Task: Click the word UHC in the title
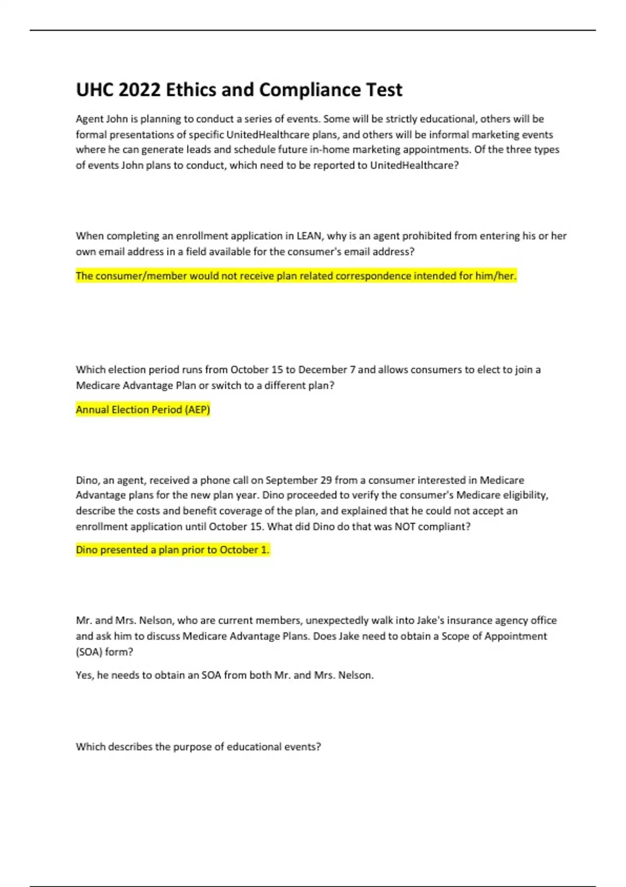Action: click(94, 90)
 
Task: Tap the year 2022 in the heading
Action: click(139, 90)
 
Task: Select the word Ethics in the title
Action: click(191, 90)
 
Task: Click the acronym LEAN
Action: click(309, 236)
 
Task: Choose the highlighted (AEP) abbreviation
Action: click(197, 410)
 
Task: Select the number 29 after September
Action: click(326, 480)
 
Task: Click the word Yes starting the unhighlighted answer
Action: click(85, 675)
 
